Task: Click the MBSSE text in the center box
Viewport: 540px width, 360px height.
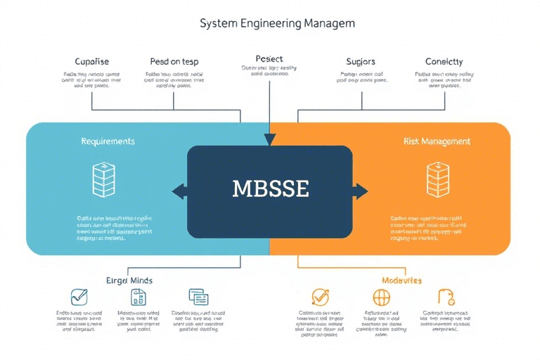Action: (x=271, y=190)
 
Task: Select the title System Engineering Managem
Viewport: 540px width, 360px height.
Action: (x=277, y=23)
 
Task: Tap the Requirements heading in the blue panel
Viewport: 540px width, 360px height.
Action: (x=107, y=141)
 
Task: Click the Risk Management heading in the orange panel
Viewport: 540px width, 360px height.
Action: (x=437, y=141)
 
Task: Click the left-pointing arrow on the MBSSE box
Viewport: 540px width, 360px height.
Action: (x=178, y=191)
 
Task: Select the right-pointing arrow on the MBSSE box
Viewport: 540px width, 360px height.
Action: (x=361, y=191)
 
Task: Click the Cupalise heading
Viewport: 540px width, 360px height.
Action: (x=91, y=62)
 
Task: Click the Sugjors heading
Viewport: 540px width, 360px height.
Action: (x=361, y=62)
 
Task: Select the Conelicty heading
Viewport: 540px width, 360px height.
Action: (x=444, y=62)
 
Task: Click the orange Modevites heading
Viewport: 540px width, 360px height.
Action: (x=397, y=280)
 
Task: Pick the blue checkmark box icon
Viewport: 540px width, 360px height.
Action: (x=79, y=297)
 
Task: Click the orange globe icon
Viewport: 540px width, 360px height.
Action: (x=382, y=297)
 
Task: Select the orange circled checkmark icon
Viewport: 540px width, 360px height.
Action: (x=320, y=297)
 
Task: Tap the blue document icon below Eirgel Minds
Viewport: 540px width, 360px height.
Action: (x=139, y=297)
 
